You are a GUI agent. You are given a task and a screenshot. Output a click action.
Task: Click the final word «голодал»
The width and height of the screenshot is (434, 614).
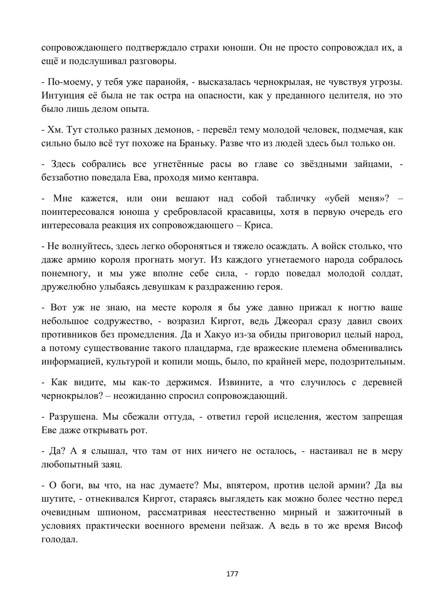pos(59,539)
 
